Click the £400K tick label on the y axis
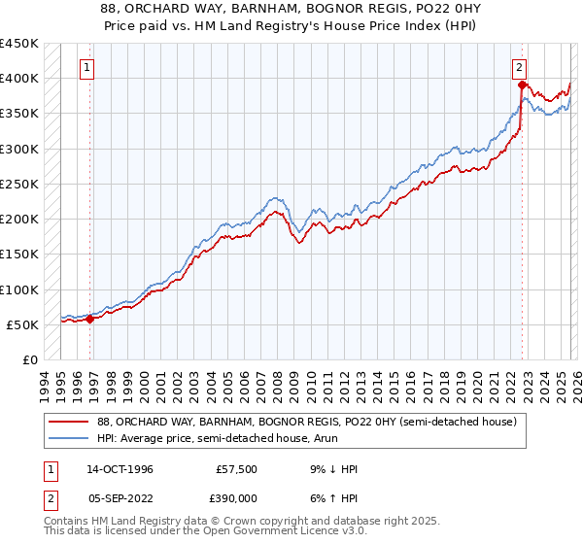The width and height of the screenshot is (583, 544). click(x=18, y=79)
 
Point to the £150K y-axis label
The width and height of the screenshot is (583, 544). click(x=18, y=255)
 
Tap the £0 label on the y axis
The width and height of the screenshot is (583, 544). click(x=29, y=360)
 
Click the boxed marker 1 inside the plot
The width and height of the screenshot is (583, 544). click(x=87, y=68)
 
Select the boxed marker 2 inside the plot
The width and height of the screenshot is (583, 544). click(x=520, y=68)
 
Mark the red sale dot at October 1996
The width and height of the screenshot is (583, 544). click(x=90, y=319)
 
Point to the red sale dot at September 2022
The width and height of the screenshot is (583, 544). click(x=522, y=85)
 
